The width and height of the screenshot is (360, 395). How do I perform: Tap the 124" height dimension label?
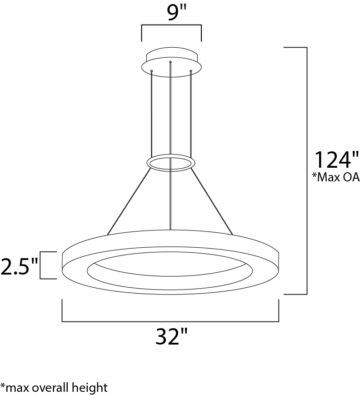pyautogui.click(x=336, y=160)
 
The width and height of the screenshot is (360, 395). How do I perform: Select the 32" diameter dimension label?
pyautogui.click(x=171, y=336)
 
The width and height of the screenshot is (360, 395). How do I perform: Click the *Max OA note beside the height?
pyautogui.click(x=336, y=177)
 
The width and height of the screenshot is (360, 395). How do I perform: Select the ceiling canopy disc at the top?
pyautogui.click(x=171, y=62)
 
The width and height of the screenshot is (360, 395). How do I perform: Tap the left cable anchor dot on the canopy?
pyautogui.click(x=151, y=71)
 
